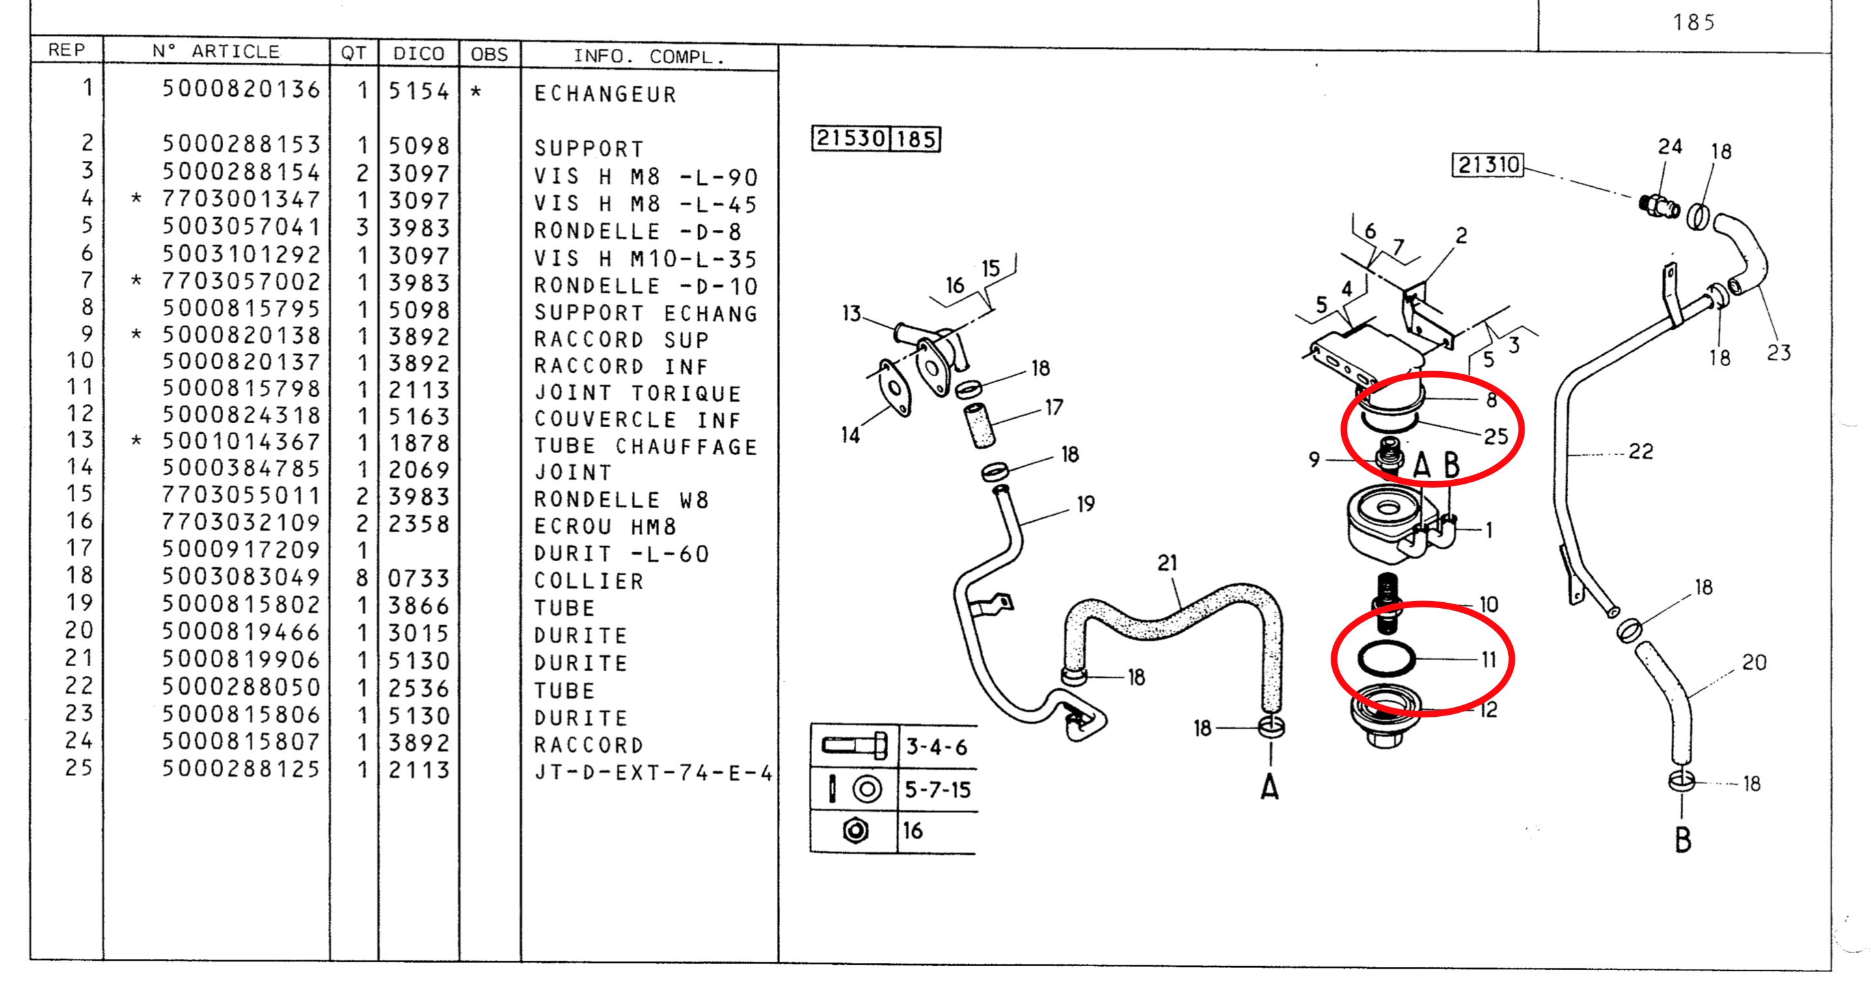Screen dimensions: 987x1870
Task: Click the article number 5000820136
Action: (x=240, y=89)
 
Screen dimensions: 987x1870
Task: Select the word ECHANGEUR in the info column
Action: (x=604, y=94)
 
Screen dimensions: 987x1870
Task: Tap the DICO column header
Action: (x=418, y=54)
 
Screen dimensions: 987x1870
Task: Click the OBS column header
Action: (x=489, y=55)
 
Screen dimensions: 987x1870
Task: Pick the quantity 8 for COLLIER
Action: (x=362, y=579)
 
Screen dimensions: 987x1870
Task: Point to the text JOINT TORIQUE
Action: (x=638, y=394)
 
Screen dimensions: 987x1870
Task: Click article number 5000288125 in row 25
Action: (x=240, y=769)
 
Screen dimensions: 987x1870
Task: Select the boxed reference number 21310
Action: (x=1488, y=165)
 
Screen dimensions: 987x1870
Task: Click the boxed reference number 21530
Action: (x=850, y=138)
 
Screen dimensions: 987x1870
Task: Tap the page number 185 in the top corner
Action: (x=1694, y=23)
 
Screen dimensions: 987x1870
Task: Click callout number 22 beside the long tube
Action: (x=1640, y=452)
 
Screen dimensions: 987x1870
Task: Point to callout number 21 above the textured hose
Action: (x=1167, y=563)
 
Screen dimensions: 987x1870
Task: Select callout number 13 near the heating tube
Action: (x=851, y=314)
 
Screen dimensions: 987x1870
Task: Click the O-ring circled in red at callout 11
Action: (x=1386, y=660)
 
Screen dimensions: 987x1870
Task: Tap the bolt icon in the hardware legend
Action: (x=854, y=746)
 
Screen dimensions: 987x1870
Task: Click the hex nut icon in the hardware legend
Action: (x=856, y=830)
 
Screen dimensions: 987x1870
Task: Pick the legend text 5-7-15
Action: (x=937, y=790)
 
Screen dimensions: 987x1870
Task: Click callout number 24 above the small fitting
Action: (x=1670, y=147)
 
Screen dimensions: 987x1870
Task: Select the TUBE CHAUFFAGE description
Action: (x=645, y=447)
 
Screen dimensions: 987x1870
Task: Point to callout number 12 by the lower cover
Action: (x=1488, y=710)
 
